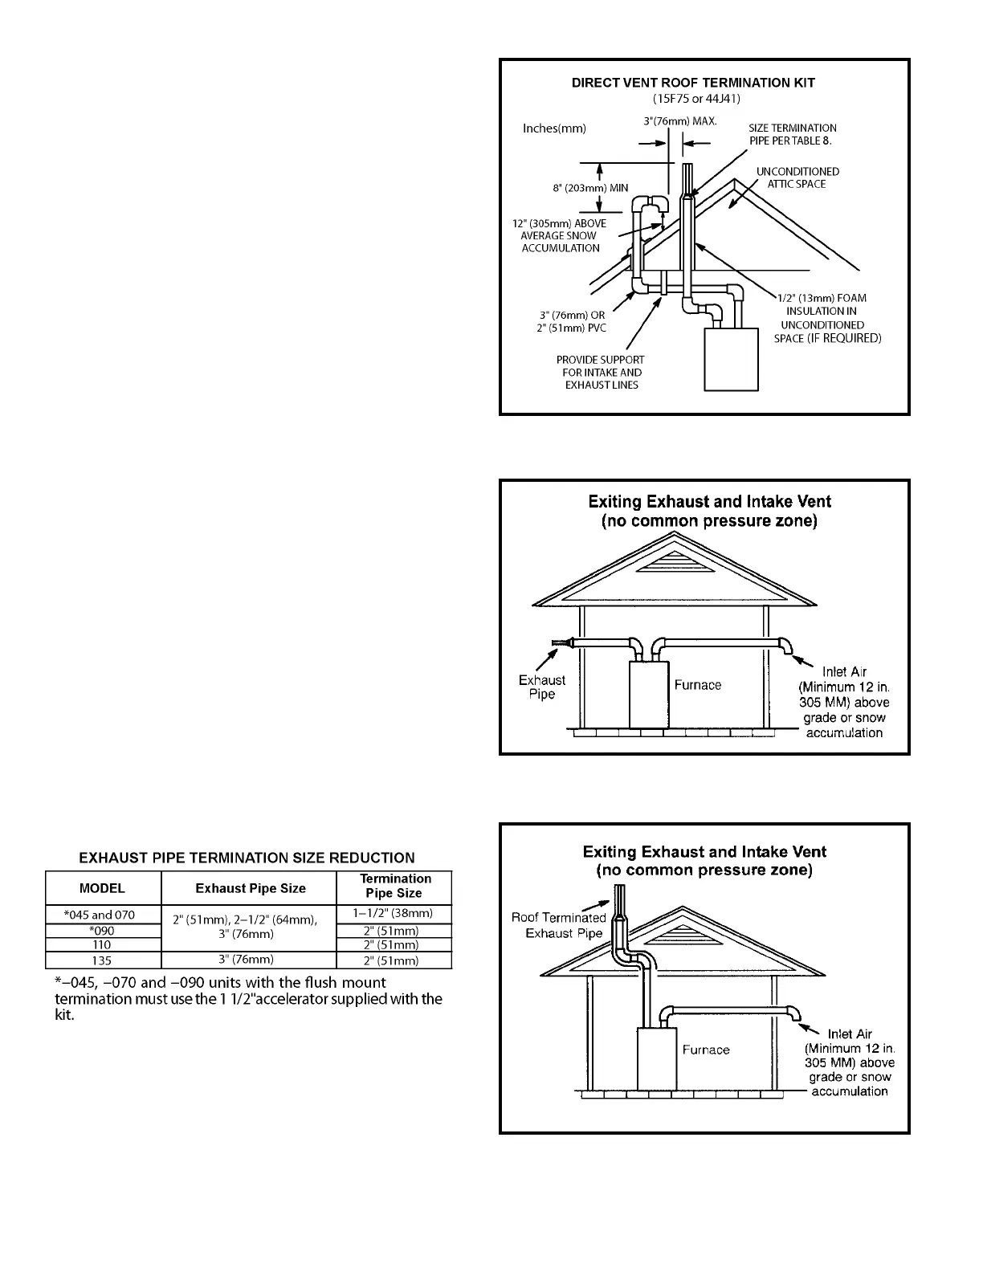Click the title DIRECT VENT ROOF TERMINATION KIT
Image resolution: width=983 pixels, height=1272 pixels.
[x=692, y=83]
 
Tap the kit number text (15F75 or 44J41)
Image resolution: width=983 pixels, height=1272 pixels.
[x=696, y=99]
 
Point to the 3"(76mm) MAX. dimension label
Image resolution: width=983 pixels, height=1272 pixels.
[x=679, y=120]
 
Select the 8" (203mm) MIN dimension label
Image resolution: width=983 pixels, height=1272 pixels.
[x=589, y=188]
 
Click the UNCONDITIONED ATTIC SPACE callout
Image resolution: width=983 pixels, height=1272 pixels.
[x=797, y=177]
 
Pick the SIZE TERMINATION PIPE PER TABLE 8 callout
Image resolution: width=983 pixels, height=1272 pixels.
[x=792, y=134]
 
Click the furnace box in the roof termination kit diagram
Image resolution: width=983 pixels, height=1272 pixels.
[x=731, y=359]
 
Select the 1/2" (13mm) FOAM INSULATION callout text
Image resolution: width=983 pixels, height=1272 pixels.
[x=826, y=318]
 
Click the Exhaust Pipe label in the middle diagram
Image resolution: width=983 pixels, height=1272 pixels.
[x=542, y=687]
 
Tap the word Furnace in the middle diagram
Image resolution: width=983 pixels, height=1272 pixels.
[x=697, y=685]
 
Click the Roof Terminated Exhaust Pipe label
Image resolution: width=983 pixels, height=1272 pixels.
[x=560, y=925]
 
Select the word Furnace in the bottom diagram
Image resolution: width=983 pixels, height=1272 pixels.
[x=705, y=1050]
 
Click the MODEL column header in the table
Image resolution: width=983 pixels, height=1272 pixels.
[x=102, y=888]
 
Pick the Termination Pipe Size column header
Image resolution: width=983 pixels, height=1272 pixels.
[x=394, y=886]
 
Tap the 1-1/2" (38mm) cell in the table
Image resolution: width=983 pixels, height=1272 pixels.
[x=394, y=913]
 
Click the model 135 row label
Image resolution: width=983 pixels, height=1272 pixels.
[x=102, y=960]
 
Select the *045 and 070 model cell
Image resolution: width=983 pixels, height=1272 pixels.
[x=102, y=915]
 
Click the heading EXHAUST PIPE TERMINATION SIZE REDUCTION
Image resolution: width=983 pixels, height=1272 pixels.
[x=247, y=858]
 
